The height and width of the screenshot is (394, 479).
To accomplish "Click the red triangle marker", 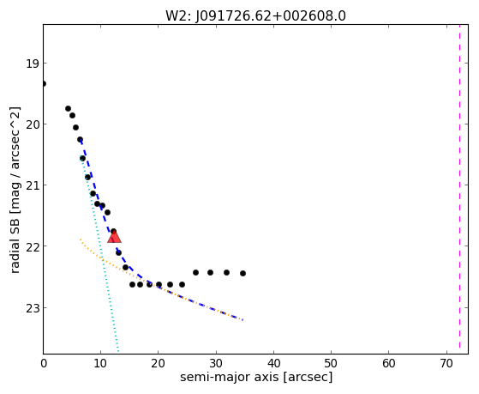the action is tap(114, 236).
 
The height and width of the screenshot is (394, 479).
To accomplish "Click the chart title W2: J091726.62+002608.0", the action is tap(255, 16).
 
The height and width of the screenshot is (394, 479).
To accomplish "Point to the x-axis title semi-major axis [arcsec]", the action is tap(256, 377).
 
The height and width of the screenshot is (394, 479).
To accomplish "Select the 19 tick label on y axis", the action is tap(32, 64).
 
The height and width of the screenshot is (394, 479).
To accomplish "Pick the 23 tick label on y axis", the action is tap(32, 308).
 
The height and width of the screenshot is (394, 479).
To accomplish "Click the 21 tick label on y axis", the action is tap(32, 185).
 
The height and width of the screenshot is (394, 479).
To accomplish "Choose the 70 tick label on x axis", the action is tap(446, 363).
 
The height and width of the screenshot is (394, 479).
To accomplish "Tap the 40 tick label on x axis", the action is tap(273, 363).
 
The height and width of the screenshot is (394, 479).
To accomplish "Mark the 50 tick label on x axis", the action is tap(331, 363).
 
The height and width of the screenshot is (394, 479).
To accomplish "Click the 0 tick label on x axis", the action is tap(44, 363).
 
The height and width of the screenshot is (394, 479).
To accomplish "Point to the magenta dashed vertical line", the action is tap(459, 189).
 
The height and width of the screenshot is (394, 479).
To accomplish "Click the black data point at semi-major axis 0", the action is tap(44, 83).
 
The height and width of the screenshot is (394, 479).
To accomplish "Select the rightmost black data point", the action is tap(242, 273).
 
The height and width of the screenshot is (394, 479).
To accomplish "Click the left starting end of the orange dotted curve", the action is tap(80, 239).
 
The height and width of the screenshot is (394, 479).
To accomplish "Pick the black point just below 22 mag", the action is tap(118, 252).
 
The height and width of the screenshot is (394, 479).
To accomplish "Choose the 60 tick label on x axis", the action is tap(388, 363).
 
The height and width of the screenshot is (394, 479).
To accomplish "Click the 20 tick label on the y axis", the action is tap(32, 124).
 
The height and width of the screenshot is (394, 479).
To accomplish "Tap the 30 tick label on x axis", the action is tap(216, 363).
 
